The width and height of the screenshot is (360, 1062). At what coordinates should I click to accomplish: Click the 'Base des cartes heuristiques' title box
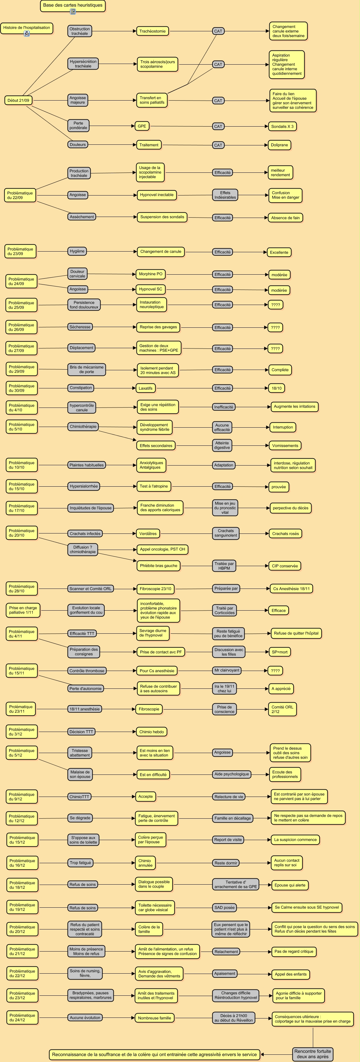click(x=73, y=5)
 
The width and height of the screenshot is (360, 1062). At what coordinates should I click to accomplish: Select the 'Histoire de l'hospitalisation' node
click(x=26, y=28)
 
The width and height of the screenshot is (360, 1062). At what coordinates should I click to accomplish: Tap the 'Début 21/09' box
click(x=18, y=100)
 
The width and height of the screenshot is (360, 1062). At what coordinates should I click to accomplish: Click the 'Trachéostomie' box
click(x=152, y=31)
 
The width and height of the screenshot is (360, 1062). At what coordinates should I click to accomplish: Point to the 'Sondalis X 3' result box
click(x=282, y=126)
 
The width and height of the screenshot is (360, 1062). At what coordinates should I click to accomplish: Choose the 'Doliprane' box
click(x=279, y=145)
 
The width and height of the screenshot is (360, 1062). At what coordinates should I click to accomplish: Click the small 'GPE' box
click(x=142, y=126)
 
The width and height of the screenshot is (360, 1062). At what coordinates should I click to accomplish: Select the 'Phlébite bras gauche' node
click(x=158, y=566)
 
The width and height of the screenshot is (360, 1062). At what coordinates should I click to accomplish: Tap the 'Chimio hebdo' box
click(x=151, y=732)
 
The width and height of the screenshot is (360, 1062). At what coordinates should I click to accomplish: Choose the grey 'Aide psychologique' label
click(x=232, y=774)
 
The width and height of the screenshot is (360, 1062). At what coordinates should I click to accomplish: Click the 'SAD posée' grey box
click(x=224, y=907)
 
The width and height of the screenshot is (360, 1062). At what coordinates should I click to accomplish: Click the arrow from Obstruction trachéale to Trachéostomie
click(x=114, y=31)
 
